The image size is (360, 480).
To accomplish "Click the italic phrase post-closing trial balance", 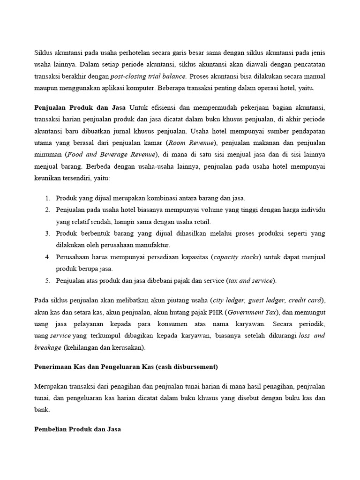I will pos(148,75).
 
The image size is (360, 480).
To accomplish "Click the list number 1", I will pos(47,198).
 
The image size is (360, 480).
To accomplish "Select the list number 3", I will pos(47,233).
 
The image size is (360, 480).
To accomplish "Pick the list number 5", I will pos(47,280).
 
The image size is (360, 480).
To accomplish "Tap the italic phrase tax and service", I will pos(250,280).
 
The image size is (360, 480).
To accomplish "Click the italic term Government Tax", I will pos(252,312).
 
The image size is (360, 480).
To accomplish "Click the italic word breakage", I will pos(48,347).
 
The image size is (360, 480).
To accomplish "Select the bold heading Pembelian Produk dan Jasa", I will pos(78,429).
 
